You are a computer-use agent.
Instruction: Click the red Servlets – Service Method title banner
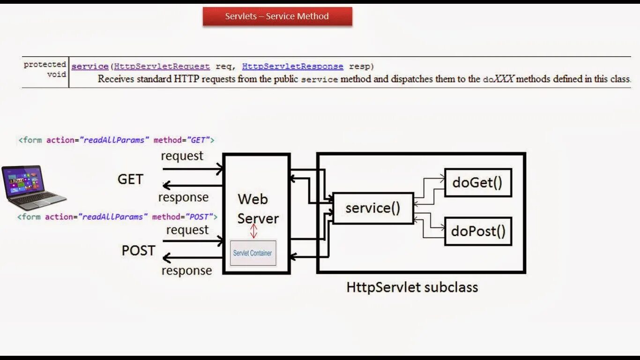(x=277, y=16)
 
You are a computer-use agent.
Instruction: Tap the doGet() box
(x=477, y=182)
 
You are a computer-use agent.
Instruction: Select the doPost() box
(x=478, y=231)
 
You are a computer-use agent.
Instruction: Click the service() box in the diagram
(x=373, y=208)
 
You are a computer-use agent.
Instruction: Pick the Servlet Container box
(x=253, y=253)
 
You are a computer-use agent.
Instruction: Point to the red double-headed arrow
(x=253, y=231)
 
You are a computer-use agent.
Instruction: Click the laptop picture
(x=33, y=187)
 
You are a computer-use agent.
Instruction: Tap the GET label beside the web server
(x=130, y=179)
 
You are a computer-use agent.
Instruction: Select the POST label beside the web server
(x=138, y=250)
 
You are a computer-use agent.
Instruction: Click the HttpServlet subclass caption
(x=412, y=287)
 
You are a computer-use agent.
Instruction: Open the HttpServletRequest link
(x=162, y=67)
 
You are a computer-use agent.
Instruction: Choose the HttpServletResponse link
(x=292, y=67)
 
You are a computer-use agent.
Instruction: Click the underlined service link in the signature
(x=90, y=67)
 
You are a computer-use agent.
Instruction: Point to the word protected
(x=45, y=64)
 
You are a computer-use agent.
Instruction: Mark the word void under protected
(x=56, y=74)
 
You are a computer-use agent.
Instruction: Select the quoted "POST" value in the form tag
(x=200, y=217)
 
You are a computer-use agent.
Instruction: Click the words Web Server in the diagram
(x=257, y=209)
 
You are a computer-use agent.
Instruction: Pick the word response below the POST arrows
(x=186, y=270)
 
